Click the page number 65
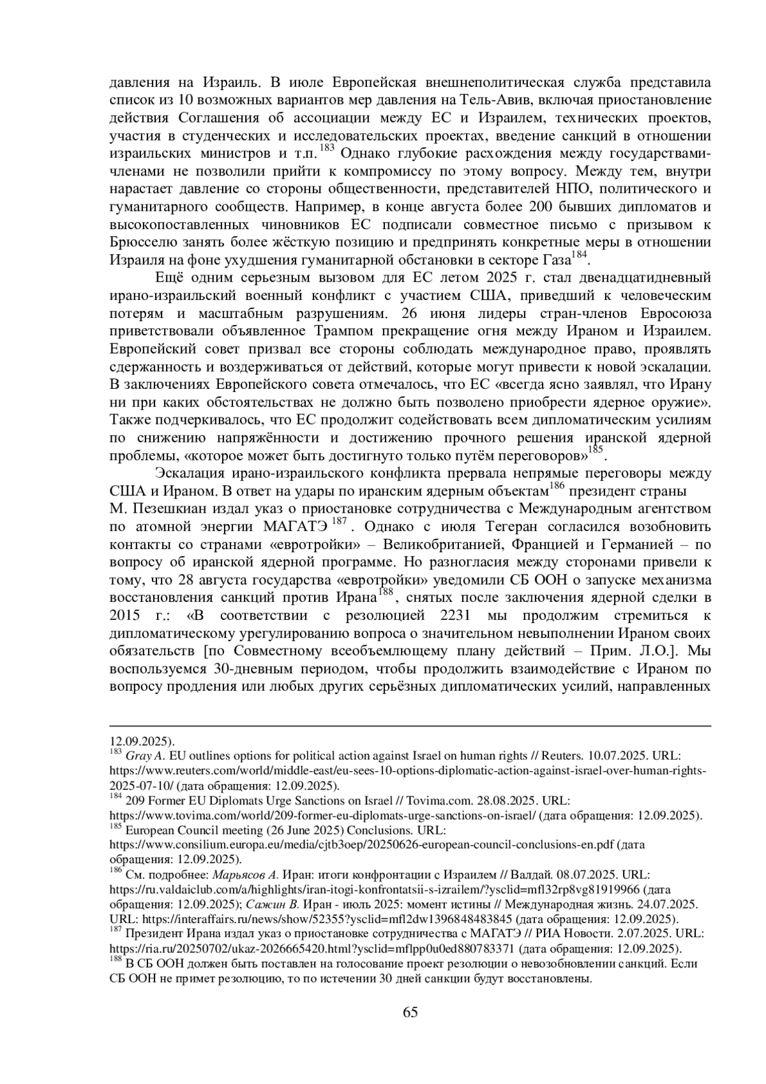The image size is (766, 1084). (410, 1012)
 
